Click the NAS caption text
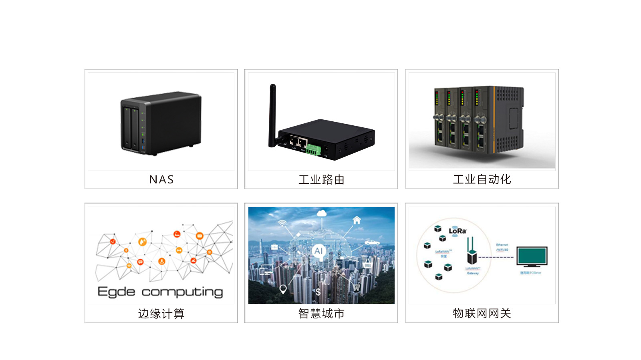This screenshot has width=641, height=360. click(161, 179)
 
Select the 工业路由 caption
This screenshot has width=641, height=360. click(321, 179)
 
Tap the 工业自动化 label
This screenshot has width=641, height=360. click(482, 179)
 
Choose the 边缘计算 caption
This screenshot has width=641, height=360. click(161, 314)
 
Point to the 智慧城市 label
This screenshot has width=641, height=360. click(321, 314)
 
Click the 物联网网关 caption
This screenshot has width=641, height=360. click(482, 313)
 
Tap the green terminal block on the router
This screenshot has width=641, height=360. click(313, 150)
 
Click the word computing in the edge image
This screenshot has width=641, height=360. click(182, 292)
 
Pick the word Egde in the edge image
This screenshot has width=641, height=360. click(116, 292)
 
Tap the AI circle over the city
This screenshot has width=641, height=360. click(318, 251)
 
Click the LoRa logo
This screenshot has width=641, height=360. click(457, 231)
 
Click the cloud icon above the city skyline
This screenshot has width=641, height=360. click(321, 213)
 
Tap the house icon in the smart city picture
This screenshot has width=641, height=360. click(357, 220)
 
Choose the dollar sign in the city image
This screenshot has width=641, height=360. click(318, 292)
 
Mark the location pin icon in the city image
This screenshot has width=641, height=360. click(283, 289)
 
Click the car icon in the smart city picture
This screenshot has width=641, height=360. click(372, 242)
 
